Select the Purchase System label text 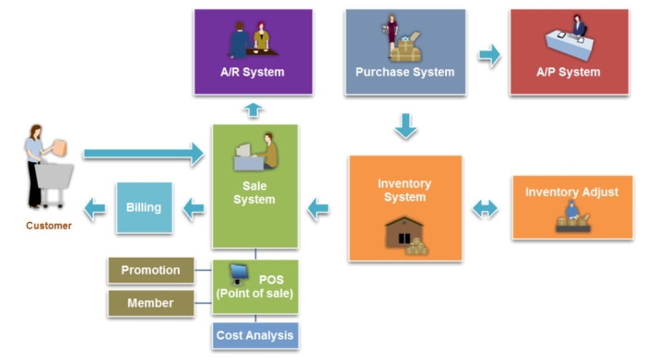405,72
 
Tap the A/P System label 569,72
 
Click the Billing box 144,208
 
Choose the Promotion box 151,271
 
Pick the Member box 151,302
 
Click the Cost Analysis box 255,335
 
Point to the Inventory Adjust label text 571,192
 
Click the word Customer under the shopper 49,226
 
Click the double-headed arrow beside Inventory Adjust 485,210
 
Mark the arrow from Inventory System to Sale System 318,210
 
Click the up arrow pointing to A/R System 254,110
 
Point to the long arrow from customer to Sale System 143,154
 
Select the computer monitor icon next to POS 239,273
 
